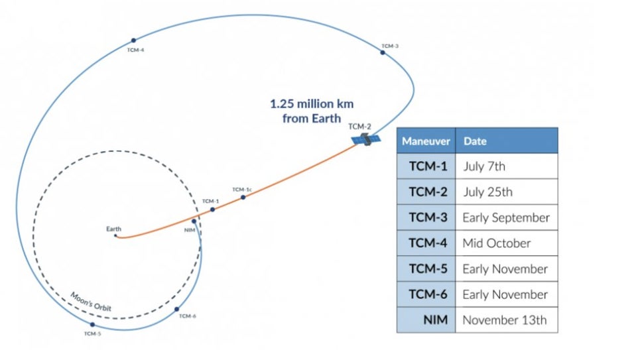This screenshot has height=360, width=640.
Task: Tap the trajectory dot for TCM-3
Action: pos(383,52)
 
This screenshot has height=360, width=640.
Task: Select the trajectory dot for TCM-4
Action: pos(133,40)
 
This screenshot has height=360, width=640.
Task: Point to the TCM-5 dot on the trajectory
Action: pos(92,325)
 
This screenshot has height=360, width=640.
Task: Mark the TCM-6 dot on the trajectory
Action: pos(177,309)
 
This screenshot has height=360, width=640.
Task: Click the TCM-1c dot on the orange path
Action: pos(243,197)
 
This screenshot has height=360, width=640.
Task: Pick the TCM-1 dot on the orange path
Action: pos(213,210)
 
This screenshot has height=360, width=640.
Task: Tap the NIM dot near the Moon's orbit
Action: pos(194,221)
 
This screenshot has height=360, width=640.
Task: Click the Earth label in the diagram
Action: pos(114,229)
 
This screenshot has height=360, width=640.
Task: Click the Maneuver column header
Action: pos(426,141)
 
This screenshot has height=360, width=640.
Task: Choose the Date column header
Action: pos(475,141)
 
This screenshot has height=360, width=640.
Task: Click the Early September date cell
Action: pos(506,217)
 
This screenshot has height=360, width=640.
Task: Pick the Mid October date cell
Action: pos(497,243)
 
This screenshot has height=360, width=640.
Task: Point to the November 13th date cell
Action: pos(505,320)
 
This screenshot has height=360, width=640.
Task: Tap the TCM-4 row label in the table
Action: pos(428,243)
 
